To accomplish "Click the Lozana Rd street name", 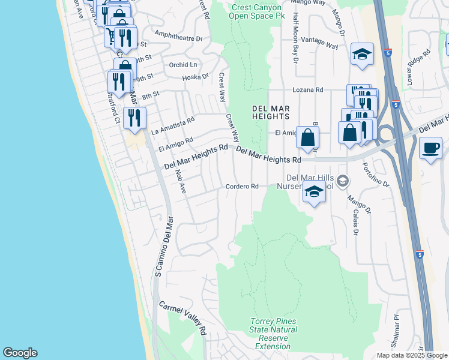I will click(307, 90).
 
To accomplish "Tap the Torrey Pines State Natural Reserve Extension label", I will click(273, 334).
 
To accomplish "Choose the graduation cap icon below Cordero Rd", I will click(314, 193).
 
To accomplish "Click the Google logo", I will click(20, 353).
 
